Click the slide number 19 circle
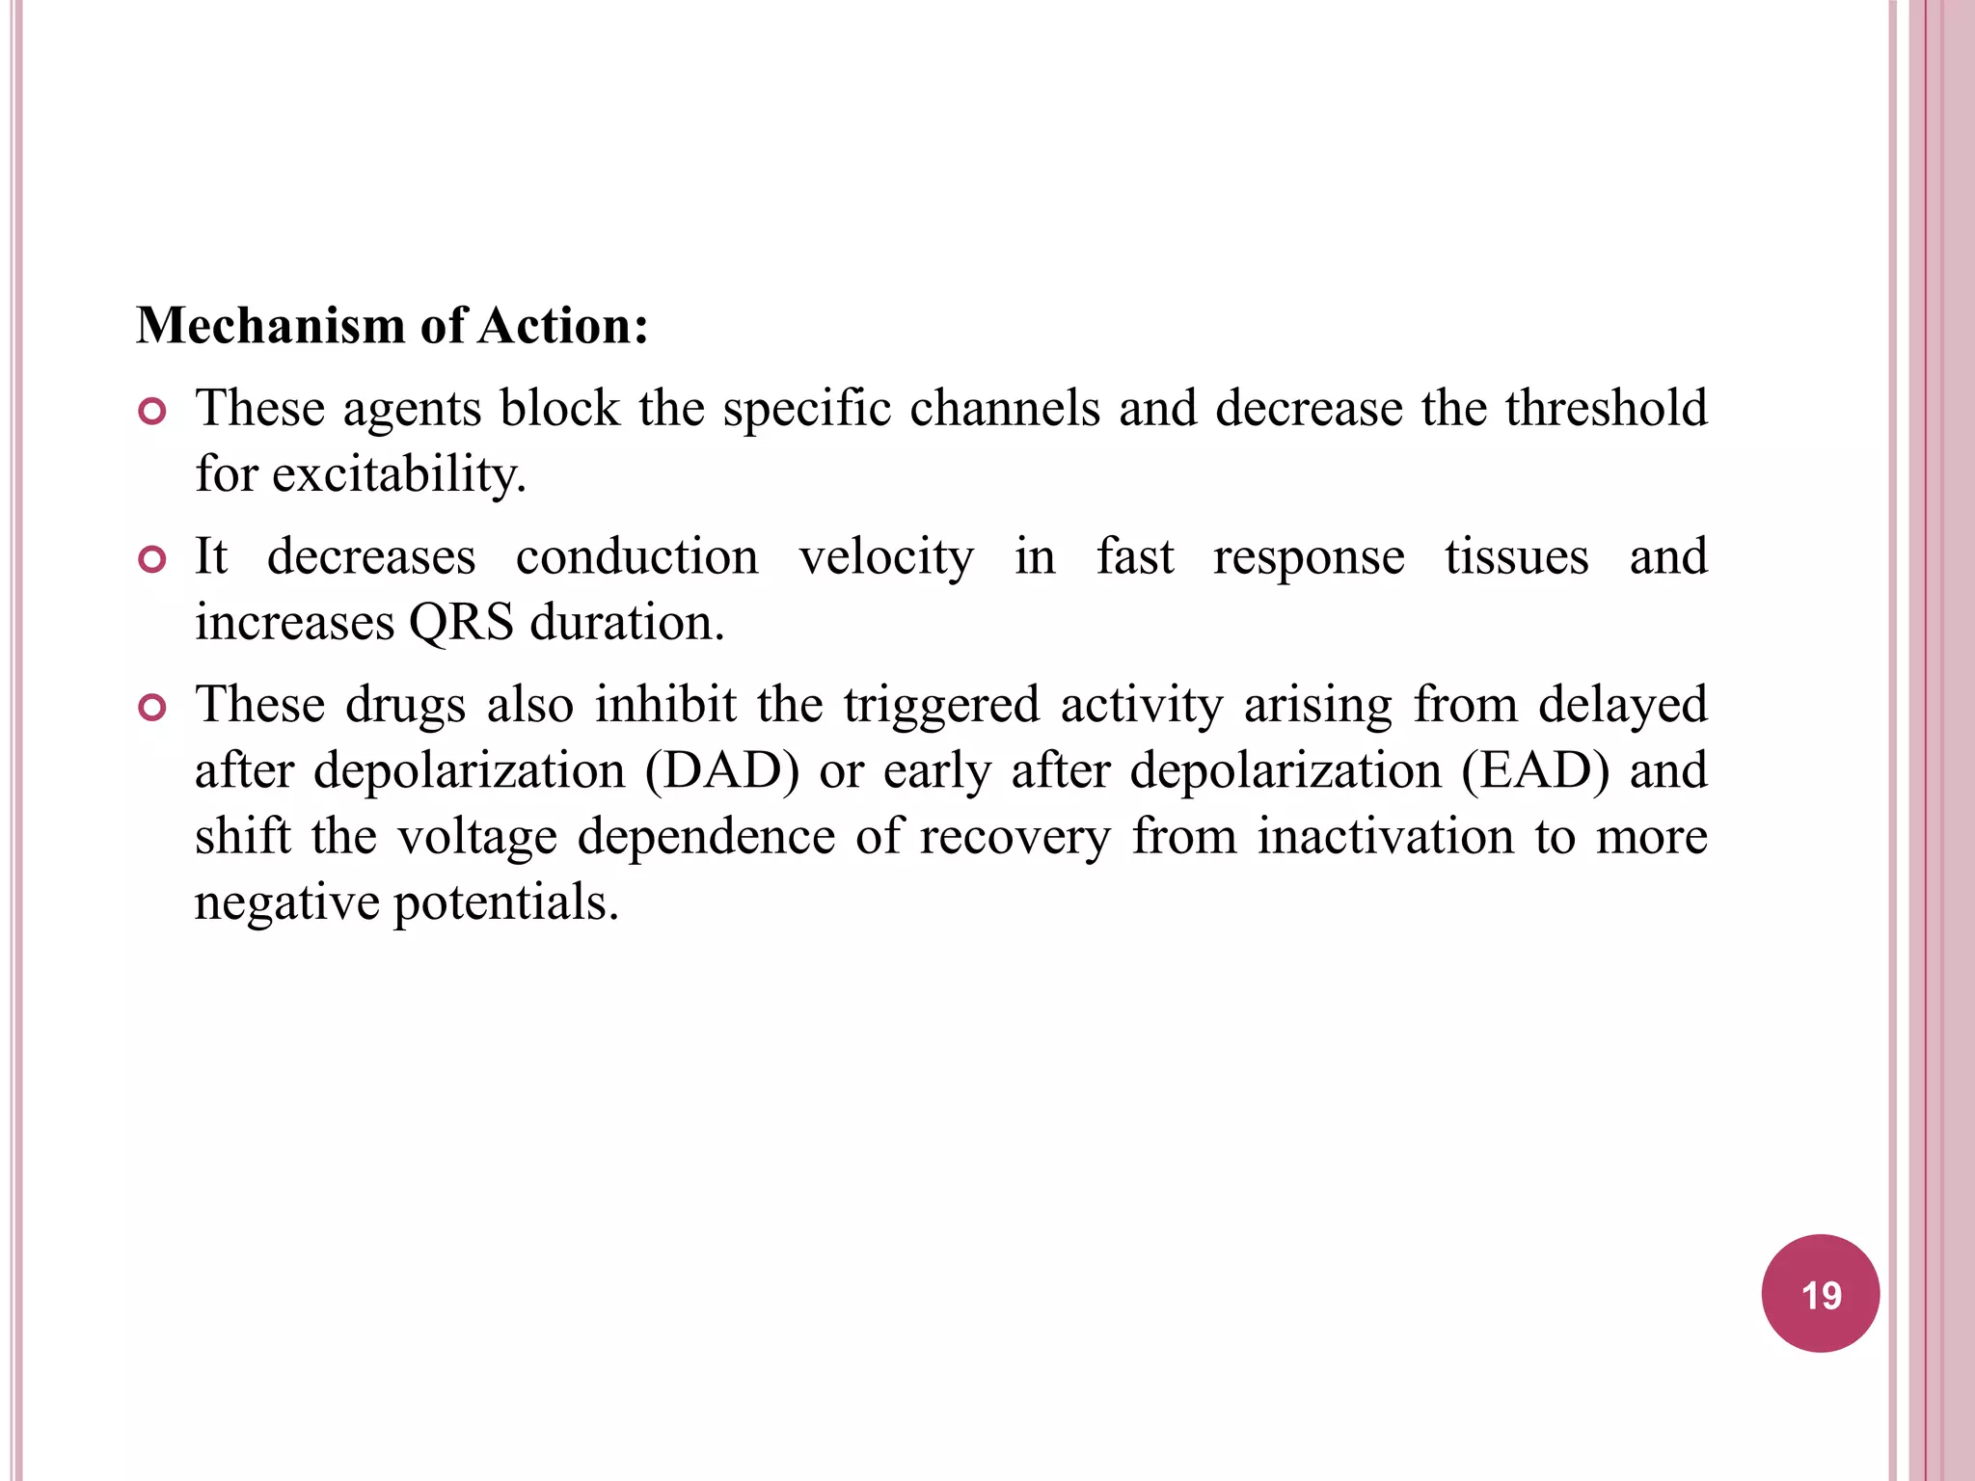click(1820, 1293)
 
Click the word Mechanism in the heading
click(269, 326)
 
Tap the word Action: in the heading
click(563, 326)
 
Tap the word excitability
click(398, 474)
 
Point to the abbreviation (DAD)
click(722, 771)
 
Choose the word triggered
click(941, 706)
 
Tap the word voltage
click(477, 837)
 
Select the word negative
click(287, 903)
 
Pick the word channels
click(1004, 408)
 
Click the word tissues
click(1516, 557)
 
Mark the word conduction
click(636, 557)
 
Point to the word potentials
click(505, 903)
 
